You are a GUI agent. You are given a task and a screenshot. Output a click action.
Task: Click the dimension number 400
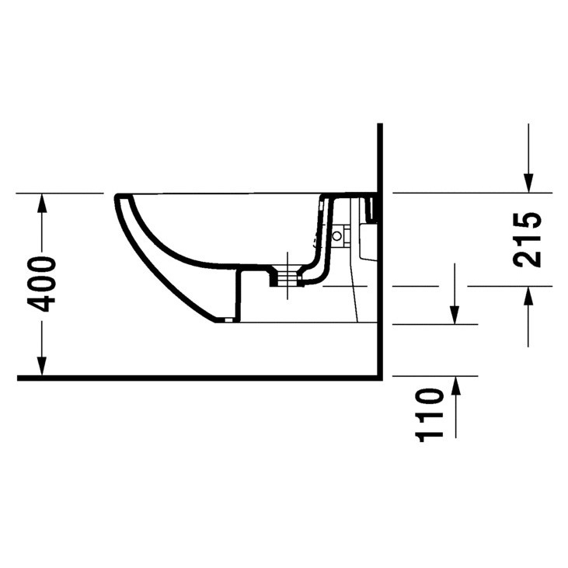[45, 284]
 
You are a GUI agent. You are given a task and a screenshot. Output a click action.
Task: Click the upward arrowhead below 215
[528, 296]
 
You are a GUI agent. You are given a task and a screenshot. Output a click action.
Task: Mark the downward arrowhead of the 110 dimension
[455, 314]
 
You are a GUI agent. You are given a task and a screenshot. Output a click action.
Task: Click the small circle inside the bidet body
[337, 234]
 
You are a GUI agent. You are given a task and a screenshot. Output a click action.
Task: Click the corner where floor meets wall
[379, 378]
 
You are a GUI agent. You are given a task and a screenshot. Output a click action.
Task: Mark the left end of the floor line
[19, 378]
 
